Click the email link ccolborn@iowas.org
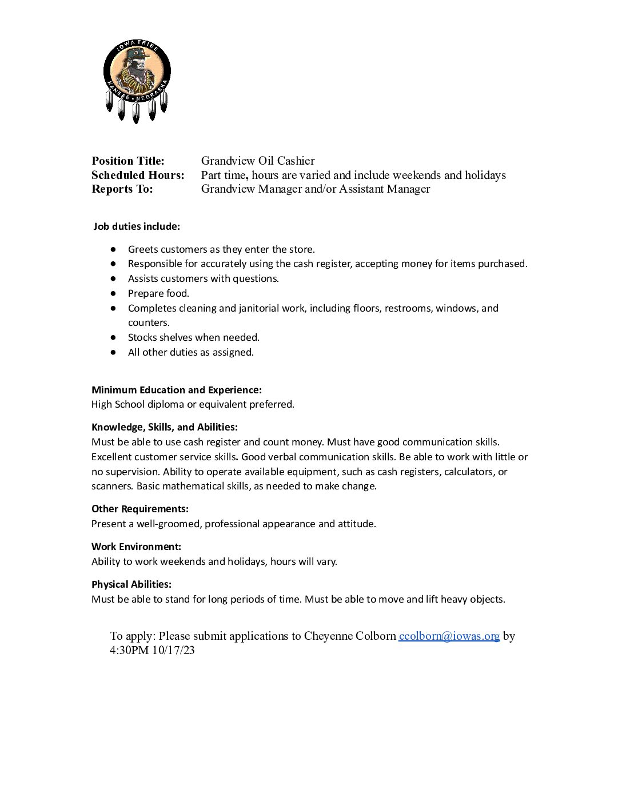(449, 636)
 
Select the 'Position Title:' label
(128, 161)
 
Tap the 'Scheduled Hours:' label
(138, 175)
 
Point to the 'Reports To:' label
(122, 189)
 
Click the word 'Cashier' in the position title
(296, 161)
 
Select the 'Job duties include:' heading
(137, 226)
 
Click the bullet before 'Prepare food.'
(114, 293)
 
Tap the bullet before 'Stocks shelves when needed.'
(114, 337)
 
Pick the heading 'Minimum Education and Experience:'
(177, 390)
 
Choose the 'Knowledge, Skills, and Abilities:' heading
(165, 427)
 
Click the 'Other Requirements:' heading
(140, 509)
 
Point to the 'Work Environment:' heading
(137, 547)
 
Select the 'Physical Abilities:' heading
(131, 584)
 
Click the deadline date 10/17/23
(173, 650)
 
